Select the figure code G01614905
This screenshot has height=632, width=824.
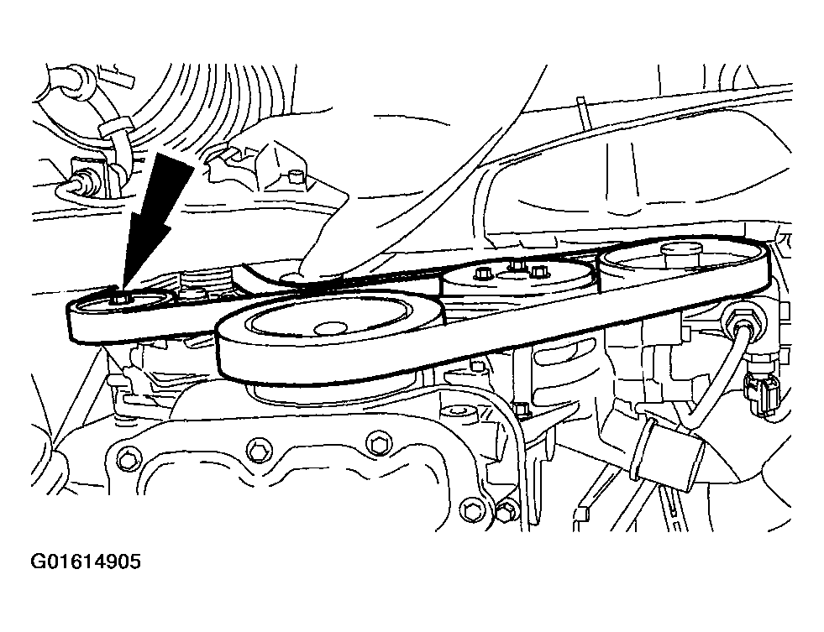(x=86, y=562)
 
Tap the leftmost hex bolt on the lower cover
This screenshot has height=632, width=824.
(x=127, y=458)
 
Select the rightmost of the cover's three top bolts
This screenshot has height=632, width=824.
(x=377, y=443)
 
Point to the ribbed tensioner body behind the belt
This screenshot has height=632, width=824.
(x=205, y=284)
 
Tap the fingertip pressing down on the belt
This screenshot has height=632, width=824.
(x=315, y=263)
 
